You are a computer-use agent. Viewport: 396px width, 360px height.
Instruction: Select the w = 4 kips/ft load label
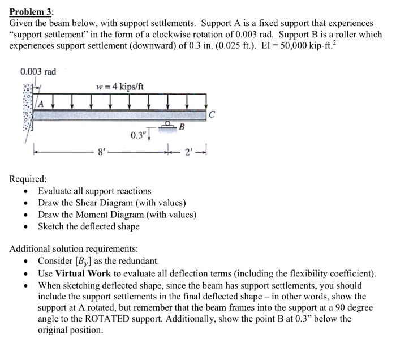click(x=120, y=86)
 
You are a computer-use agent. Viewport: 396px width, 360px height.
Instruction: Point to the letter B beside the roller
click(x=182, y=127)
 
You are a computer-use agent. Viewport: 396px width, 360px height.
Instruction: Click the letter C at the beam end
click(x=212, y=115)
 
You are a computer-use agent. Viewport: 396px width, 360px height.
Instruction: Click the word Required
click(x=28, y=179)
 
